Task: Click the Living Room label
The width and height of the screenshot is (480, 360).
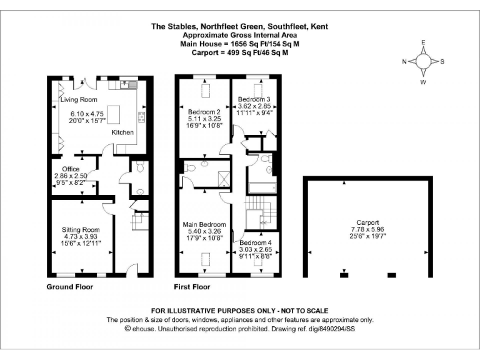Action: (x=79, y=100)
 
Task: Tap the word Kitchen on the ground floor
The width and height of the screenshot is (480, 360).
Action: (x=122, y=133)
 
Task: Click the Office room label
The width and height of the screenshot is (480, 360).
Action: (x=71, y=169)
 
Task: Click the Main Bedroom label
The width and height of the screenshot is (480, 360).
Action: (x=204, y=224)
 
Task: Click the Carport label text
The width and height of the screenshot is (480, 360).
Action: (x=367, y=222)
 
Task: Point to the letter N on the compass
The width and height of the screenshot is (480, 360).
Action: (x=404, y=61)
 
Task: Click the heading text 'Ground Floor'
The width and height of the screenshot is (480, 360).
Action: (x=70, y=287)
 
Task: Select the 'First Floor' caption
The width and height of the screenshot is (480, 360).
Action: (x=192, y=287)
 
